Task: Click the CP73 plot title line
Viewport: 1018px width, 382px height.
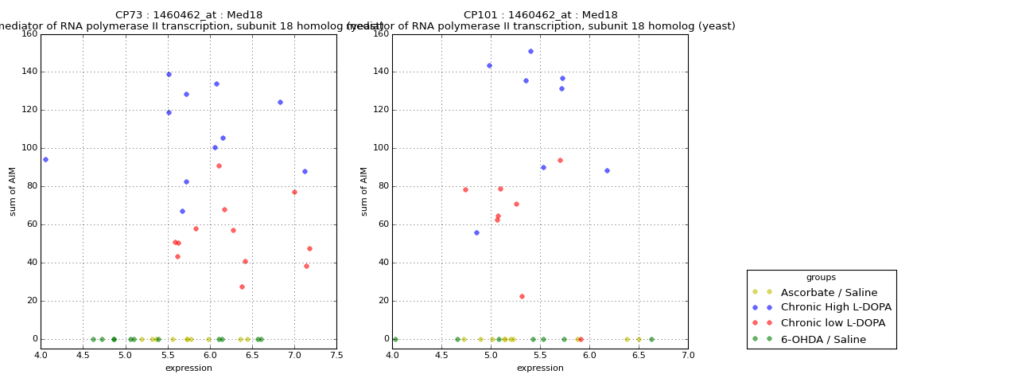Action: (188, 15)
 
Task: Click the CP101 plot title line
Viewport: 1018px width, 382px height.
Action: (540, 15)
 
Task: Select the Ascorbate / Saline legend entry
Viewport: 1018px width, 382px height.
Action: (829, 292)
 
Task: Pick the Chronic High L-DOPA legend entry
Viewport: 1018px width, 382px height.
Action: (836, 307)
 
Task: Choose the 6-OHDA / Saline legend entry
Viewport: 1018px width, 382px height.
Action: (823, 339)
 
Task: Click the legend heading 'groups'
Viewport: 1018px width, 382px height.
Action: (821, 277)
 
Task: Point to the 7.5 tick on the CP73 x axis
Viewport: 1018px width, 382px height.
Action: (336, 355)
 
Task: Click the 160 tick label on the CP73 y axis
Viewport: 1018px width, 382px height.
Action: (29, 34)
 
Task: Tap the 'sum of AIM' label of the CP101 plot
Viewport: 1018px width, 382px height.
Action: (365, 191)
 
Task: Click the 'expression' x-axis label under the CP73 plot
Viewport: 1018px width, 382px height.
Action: (188, 368)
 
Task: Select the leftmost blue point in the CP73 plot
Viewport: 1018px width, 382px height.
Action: (45, 159)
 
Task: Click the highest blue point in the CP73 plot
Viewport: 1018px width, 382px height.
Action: (169, 74)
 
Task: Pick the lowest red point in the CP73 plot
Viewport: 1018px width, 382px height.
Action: (242, 286)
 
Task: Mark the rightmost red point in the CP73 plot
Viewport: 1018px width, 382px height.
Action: (309, 248)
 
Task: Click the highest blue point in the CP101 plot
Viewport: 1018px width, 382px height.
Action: (530, 51)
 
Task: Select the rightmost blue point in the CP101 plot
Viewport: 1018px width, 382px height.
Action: (607, 170)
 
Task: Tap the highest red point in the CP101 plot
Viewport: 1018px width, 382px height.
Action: (560, 160)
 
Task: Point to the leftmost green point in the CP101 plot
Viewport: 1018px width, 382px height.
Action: (395, 339)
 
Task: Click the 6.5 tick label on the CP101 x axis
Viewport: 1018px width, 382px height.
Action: (639, 355)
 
